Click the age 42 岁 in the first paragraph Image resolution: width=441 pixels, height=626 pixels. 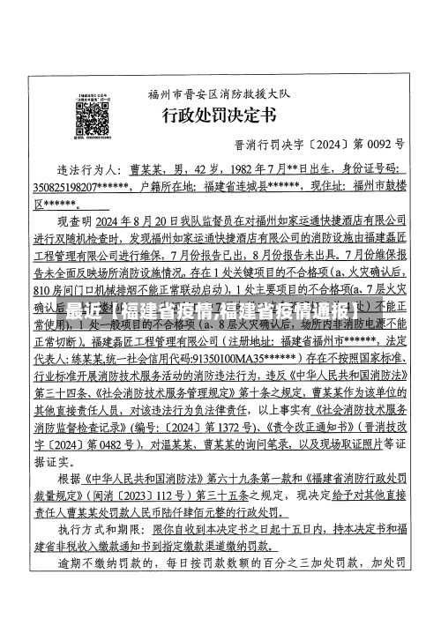[200, 168]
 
